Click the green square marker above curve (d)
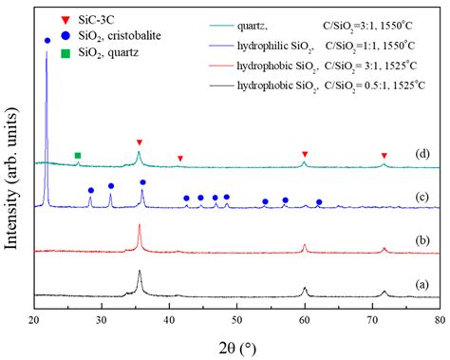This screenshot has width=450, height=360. click(78, 155)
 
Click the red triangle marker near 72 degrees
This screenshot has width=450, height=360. click(384, 156)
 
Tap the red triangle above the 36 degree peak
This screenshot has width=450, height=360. click(140, 142)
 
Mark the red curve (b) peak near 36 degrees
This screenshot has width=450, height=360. click(140, 226)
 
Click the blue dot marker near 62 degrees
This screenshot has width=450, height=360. click(319, 202)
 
